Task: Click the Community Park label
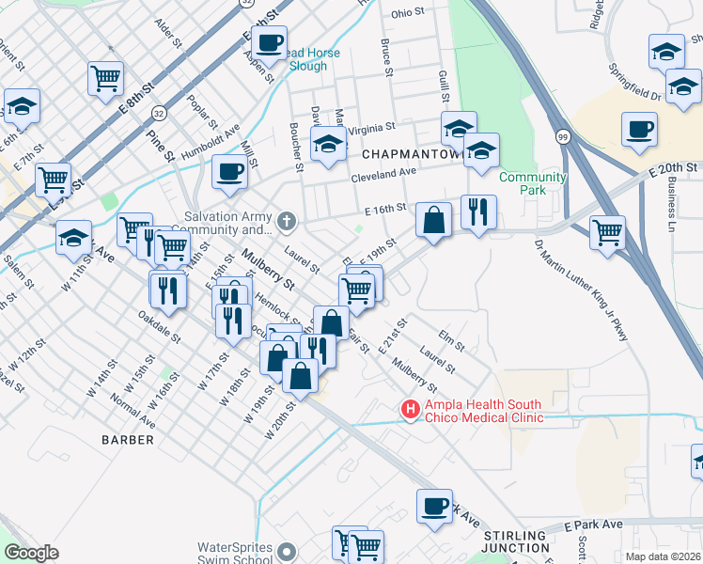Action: click(533, 178)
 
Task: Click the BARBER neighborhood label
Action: click(129, 439)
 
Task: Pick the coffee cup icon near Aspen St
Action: click(269, 41)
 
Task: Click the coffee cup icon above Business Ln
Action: click(639, 129)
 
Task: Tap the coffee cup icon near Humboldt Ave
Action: click(229, 171)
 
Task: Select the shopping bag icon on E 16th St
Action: click(433, 221)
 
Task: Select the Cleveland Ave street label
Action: click(383, 173)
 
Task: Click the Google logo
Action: click(31, 553)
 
